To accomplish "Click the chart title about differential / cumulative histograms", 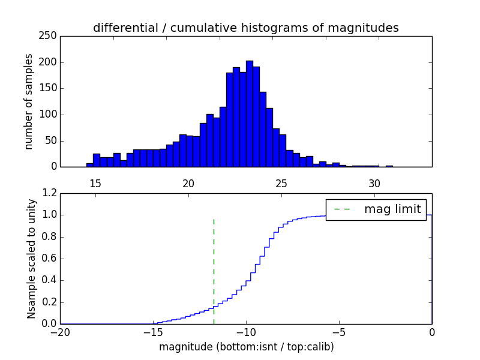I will click(245, 28).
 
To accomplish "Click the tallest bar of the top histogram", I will click(249, 114).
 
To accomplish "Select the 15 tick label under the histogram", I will click(95, 183).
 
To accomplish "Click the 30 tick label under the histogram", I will click(374, 183).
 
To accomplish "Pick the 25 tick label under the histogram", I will click(281, 183).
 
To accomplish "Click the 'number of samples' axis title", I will click(29, 101).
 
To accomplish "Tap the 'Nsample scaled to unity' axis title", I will click(31, 258).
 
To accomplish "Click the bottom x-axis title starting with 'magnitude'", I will click(246, 347).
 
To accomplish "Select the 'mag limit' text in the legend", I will click(392, 209).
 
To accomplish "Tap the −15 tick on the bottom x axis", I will click(153, 332).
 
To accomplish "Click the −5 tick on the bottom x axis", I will click(339, 332).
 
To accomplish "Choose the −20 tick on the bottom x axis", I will click(60, 332).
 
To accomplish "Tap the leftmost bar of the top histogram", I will click(89, 165).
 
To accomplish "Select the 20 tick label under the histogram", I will click(188, 183).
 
